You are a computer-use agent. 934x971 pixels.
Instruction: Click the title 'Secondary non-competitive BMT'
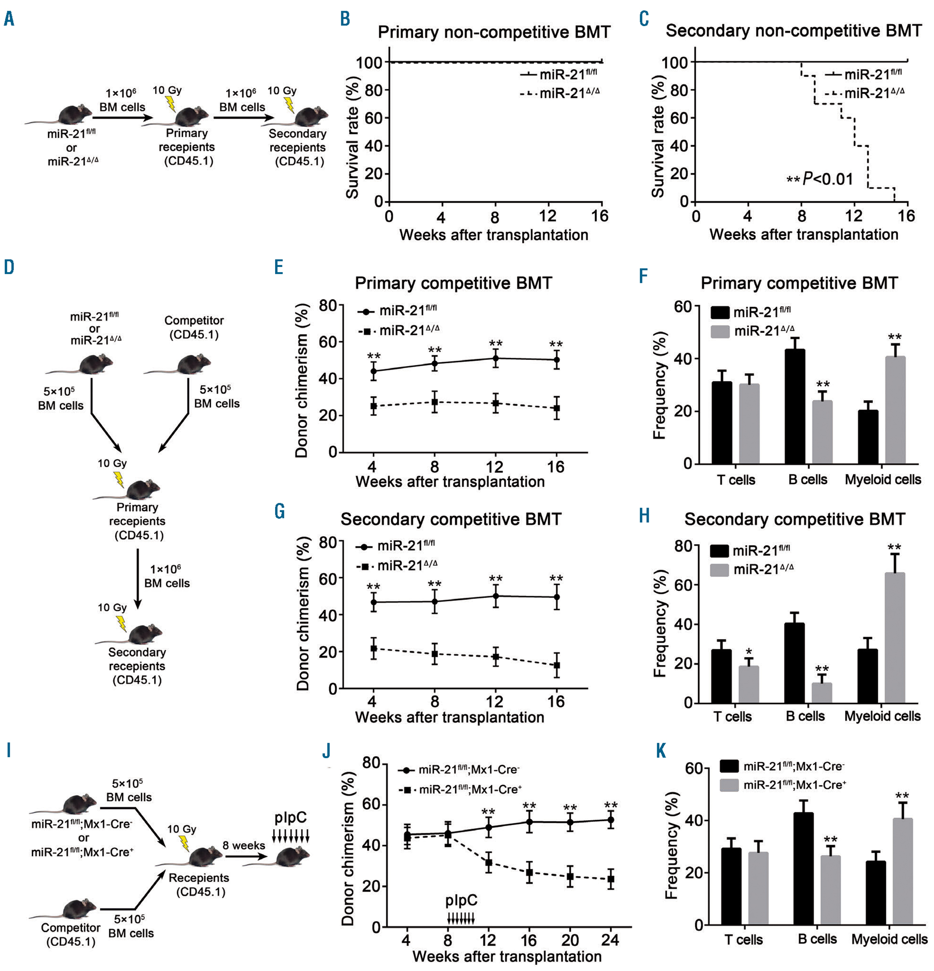click(x=793, y=31)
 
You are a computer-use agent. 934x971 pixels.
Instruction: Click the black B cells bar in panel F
click(x=795, y=406)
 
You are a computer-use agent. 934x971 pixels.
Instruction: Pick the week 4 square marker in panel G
click(x=374, y=648)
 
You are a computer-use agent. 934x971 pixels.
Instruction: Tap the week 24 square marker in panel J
click(x=610, y=879)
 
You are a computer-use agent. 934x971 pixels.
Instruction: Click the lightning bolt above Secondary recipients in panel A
click(x=288, y=105)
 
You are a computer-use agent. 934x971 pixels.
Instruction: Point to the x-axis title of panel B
click(x=494, y=235)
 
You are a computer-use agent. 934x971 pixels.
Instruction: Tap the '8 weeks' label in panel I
click(x=244, y=845)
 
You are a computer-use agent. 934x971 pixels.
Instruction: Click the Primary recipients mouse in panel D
click(x=141, y=489)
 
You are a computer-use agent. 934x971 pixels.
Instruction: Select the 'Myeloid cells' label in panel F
click(x=883, y=479)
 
